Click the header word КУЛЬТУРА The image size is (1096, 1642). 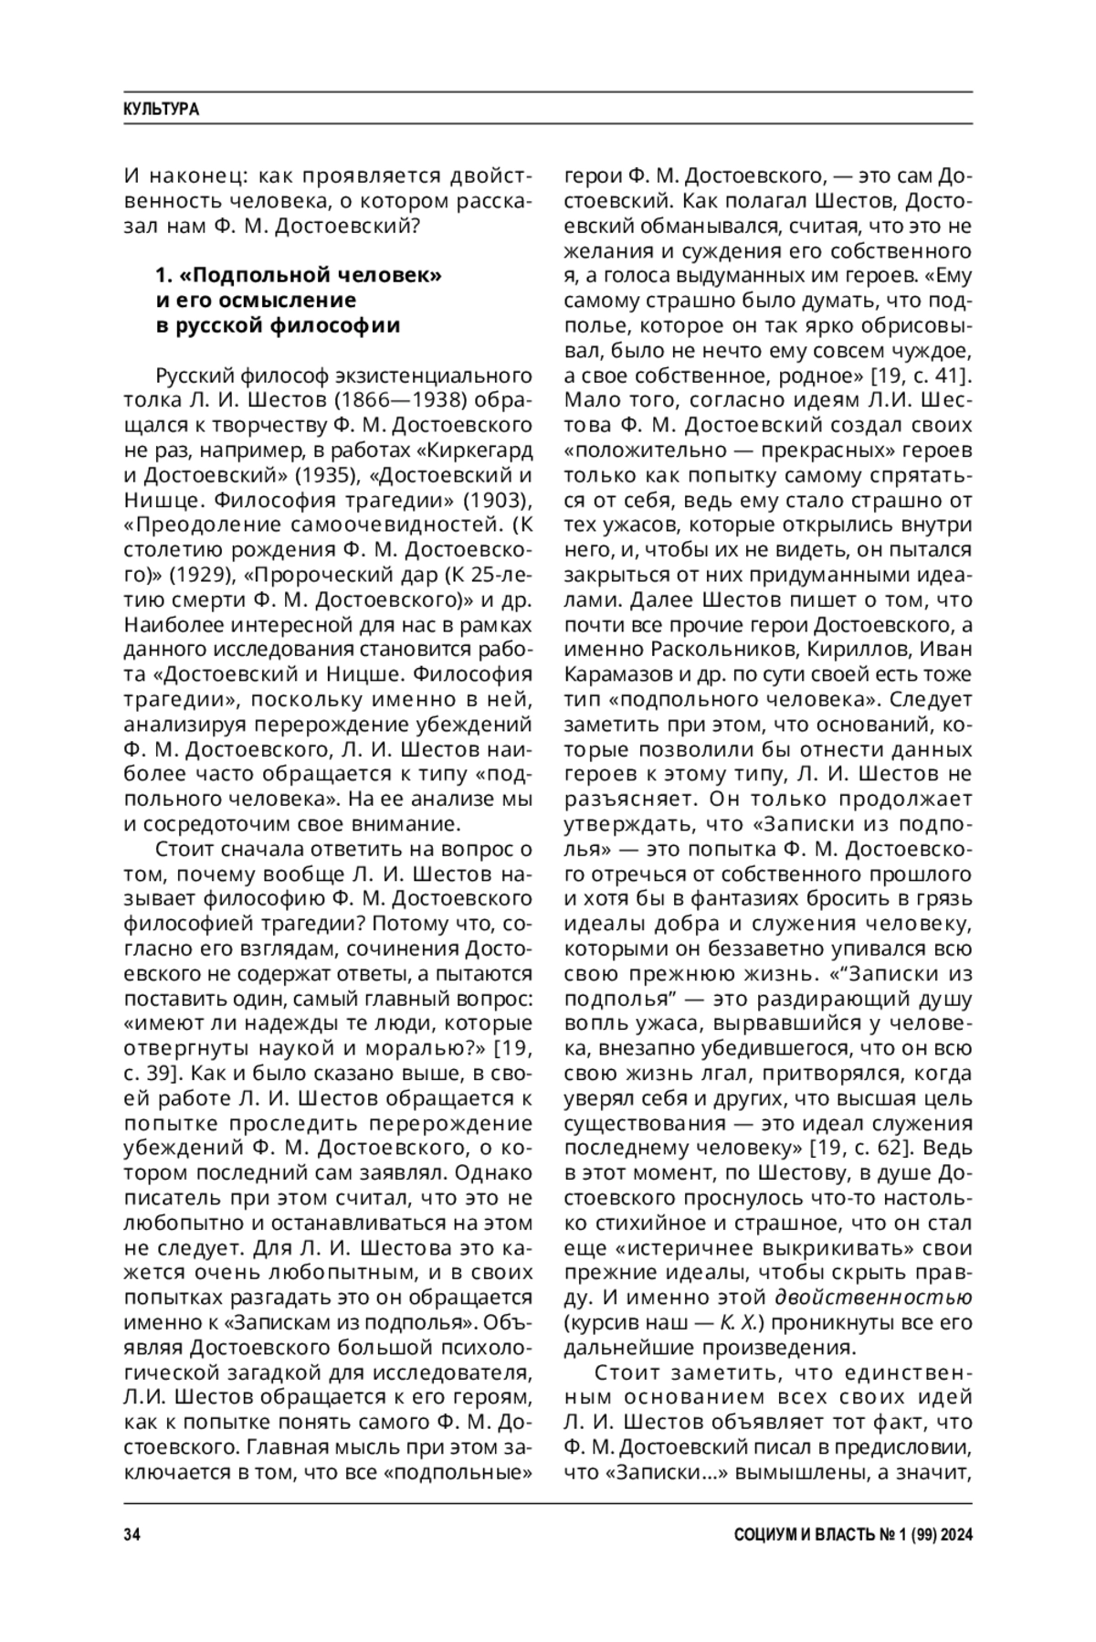(161, 110)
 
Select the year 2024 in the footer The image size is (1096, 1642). (954, 1535)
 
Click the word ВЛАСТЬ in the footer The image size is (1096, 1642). (845, 1535)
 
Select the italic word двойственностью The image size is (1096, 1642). (873, 1298)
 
